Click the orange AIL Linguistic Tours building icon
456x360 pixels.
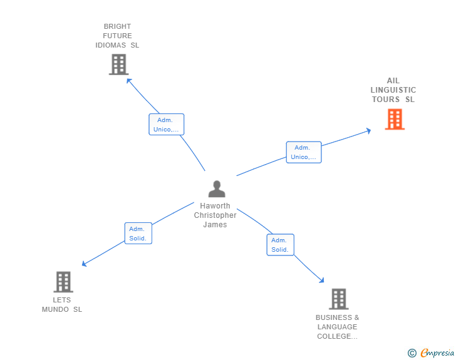coord(395,119)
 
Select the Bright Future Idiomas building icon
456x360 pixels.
coord(118,64)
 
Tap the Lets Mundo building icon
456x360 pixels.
coord(63,282)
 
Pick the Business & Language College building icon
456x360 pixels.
coord(338,299)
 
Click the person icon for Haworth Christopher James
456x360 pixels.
coord(217,189)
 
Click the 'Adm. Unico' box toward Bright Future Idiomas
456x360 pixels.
coord(166,125)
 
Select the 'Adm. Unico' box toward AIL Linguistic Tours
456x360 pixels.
coord(304,152)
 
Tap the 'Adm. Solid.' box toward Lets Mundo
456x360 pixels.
coord(138,234)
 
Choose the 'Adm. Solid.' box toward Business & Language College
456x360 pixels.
coord(280,245)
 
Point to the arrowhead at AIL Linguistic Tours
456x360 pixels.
coord(369,130)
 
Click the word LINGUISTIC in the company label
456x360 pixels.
coord(393,90)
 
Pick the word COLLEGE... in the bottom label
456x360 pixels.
coord(337,336)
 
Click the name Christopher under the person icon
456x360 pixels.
coord(215,215)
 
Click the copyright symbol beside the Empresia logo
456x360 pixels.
coord(412,353)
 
